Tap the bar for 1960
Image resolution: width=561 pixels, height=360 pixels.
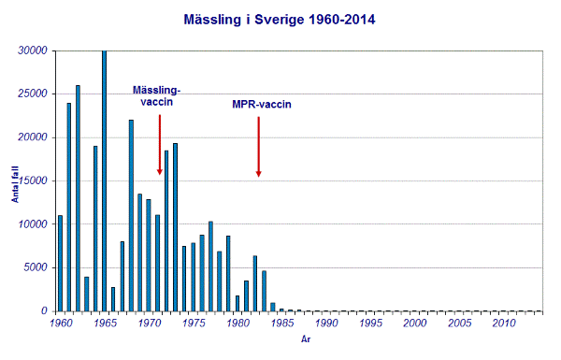click(60, 263)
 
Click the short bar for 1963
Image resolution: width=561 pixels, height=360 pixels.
click(86, 294)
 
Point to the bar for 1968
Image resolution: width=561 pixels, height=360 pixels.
click(131, 215)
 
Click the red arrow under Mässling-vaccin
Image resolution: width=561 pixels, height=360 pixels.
click(160, 145)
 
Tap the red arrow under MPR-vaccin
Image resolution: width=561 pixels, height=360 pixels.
click(258, 146)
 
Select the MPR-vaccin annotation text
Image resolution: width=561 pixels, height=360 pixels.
click(262, 105)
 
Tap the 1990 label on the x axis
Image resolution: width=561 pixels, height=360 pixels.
click(325, 324)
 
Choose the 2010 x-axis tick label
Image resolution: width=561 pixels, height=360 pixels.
click(503, 324)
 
